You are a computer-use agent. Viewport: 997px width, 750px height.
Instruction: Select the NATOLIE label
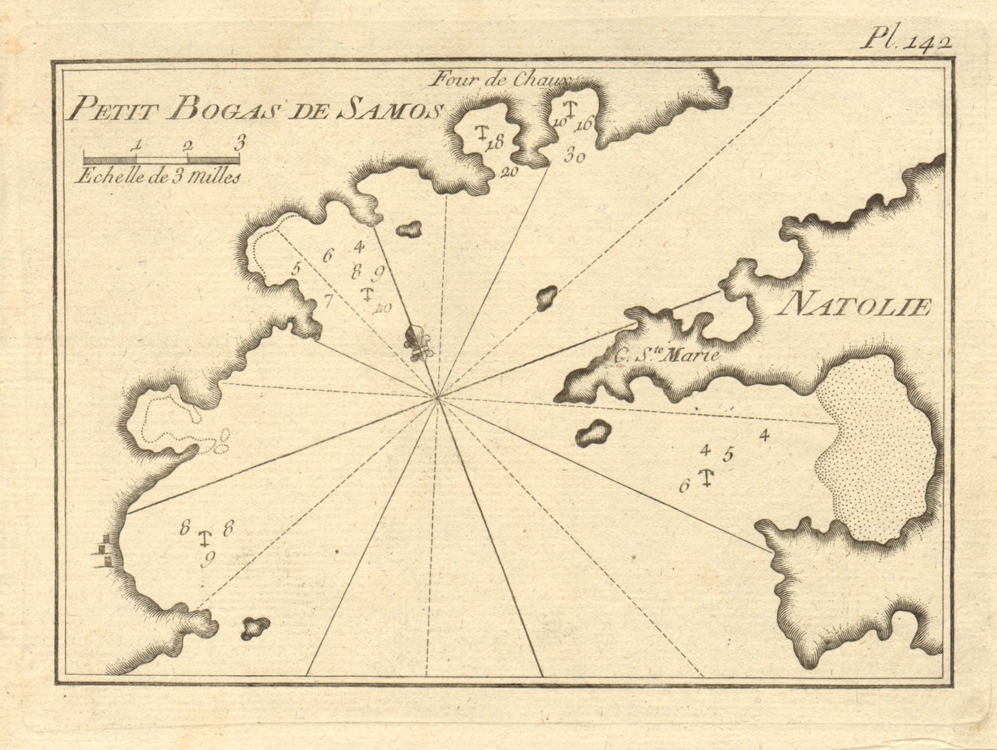[854, 305]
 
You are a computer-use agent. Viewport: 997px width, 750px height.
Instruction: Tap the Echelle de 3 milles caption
[157, 176]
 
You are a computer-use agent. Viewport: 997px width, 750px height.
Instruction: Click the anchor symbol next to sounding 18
[481, 133]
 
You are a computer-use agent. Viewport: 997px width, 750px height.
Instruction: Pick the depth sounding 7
[328, 302]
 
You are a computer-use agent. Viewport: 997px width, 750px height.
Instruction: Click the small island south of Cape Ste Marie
[592, 432]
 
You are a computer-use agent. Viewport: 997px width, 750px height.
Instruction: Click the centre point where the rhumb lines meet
[438, 397]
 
